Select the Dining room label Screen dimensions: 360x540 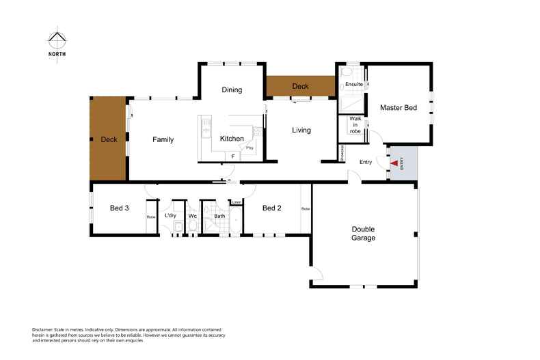[x=232, y=90]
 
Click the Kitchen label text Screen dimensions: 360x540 [x=232, y=139]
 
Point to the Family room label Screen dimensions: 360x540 [x=163, y=139]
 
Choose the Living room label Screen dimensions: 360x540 [x=301, y=130]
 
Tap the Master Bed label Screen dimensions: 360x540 [x=399, y=108]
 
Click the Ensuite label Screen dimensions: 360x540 [x=354, y=85]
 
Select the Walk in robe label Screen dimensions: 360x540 [x=355, y=124]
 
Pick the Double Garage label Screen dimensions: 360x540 [x=364, y=234]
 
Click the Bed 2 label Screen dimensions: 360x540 [x=272, y=208]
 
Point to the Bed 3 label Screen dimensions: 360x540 [x=120, y=208]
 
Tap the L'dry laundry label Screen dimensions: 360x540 [x=171, y=216]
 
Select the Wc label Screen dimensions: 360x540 [x=193, y=216]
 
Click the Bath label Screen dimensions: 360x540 [x=219, y=216]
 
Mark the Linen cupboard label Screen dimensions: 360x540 [x=237, y=202]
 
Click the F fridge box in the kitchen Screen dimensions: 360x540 [x=233, y=156]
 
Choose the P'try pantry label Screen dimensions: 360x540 [x=250, y=148]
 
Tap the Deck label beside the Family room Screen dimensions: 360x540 [x=109, y=139]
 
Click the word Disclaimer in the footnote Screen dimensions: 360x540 [x=44, y=329]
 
